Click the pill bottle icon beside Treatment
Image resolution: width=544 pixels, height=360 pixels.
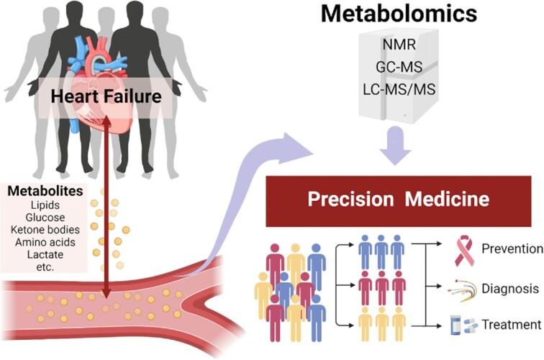455,325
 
